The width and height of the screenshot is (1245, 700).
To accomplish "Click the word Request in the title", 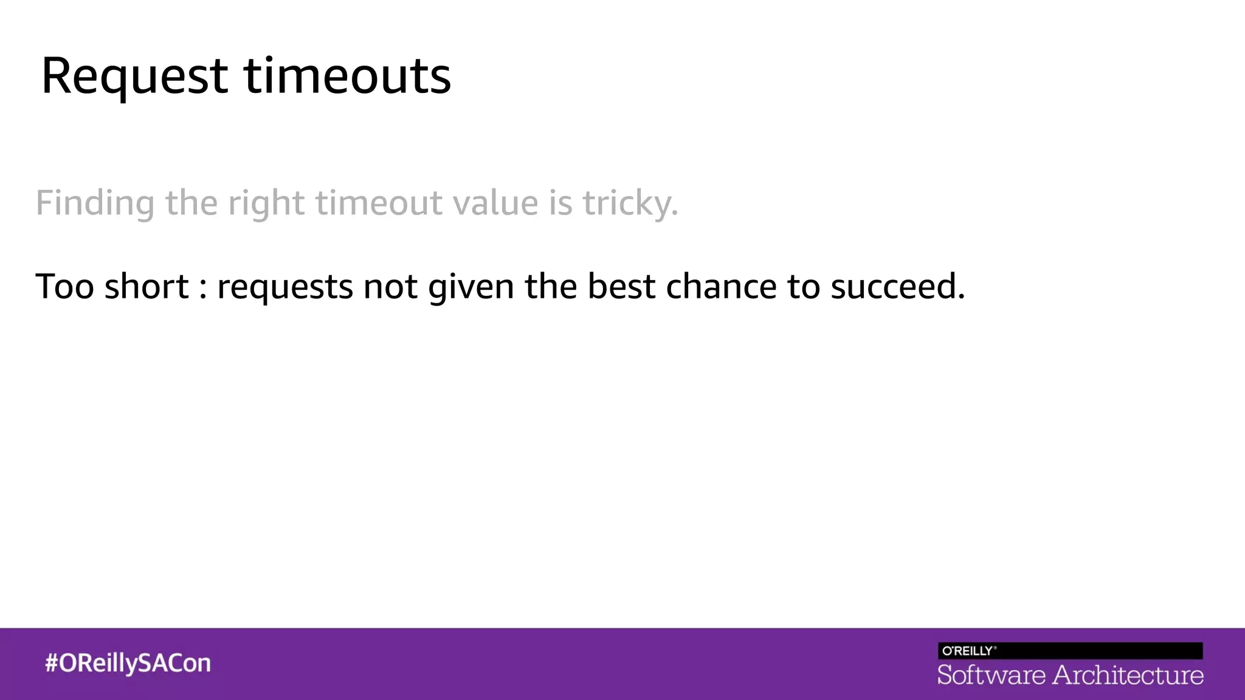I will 134,77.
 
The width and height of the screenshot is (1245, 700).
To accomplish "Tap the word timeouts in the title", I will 347,77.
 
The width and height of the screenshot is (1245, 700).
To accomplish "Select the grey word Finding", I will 95,203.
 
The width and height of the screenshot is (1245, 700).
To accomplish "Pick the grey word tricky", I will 630,203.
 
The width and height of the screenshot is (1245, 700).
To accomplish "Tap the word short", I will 147,286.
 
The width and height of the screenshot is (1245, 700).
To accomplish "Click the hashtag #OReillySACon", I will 128,663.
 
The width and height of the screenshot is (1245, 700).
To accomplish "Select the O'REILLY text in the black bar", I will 968,651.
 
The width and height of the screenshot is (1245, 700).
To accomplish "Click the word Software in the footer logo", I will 991,675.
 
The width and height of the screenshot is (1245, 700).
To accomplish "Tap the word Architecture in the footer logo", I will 1128,675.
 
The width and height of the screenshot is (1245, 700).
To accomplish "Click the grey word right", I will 266,203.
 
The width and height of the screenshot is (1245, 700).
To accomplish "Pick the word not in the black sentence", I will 390,286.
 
